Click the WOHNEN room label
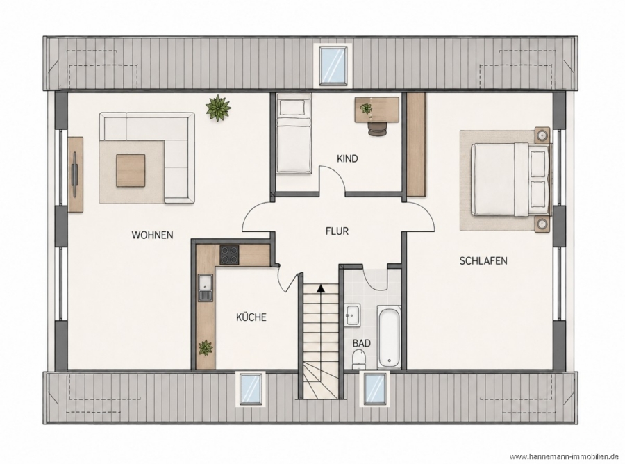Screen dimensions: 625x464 (152, 235)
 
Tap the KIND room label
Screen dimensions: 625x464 (347, 158)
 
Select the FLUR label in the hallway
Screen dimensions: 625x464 (337, 231)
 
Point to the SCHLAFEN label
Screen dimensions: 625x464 (483, 261)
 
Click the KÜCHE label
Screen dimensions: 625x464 (251, 317)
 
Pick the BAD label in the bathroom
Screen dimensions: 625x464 (362, 343)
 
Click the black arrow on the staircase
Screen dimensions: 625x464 (319, 288)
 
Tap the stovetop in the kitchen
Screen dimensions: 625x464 (229, 255)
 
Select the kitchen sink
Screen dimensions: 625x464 (206, 287)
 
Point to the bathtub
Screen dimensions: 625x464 (389, 336)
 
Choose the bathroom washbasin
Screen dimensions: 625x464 (353, 315)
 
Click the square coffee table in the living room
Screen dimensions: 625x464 (131, 170)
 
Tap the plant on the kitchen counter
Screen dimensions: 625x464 (206, 347)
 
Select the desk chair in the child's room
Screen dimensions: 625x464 (378, 128)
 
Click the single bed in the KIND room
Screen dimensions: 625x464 (294, 133)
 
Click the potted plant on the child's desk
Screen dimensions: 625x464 (365, 108)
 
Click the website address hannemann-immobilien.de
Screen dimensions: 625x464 (564, 456)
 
